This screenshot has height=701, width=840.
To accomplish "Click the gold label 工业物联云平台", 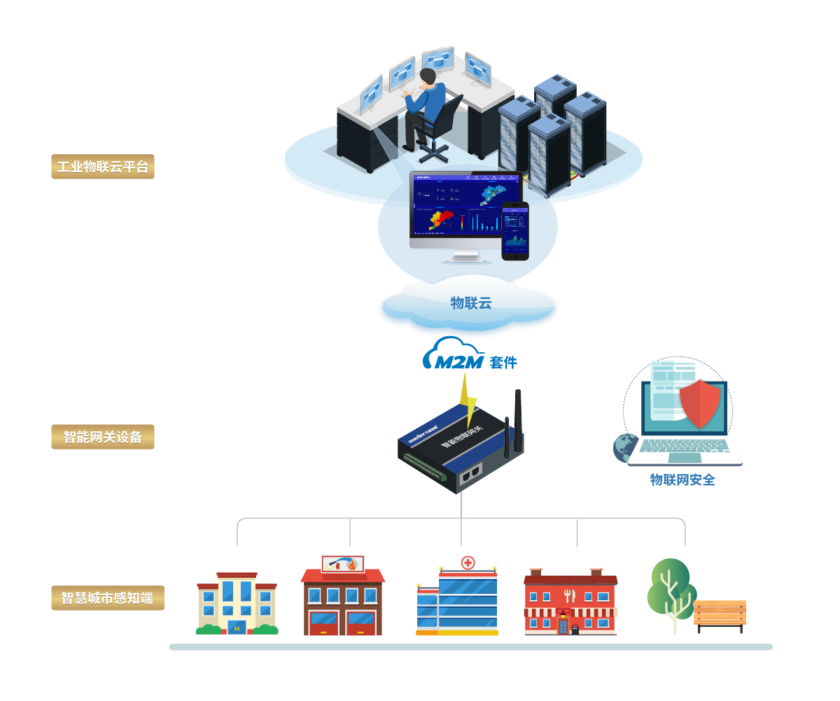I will (102, 167).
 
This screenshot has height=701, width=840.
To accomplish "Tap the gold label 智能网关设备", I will (102, 437).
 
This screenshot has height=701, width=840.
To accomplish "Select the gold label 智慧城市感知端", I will (107, 598).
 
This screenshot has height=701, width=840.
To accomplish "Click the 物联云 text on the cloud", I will (470, 303).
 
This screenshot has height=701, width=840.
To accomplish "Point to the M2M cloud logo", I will (453, 354).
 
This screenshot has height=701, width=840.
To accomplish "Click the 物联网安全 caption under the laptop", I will (682, 480).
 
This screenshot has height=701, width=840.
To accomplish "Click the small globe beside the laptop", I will (625, 447).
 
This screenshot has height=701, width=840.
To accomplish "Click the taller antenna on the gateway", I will (518, 420).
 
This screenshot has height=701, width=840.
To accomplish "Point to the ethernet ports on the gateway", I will (470, 473).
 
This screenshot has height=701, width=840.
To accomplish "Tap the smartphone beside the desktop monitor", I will (515, 231).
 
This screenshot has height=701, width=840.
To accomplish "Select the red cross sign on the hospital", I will (467, 562).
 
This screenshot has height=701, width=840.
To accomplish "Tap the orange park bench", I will (720, 613).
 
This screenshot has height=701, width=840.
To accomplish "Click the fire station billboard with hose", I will (342, 564).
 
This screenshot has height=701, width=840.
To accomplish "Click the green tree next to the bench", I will (670, 588).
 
